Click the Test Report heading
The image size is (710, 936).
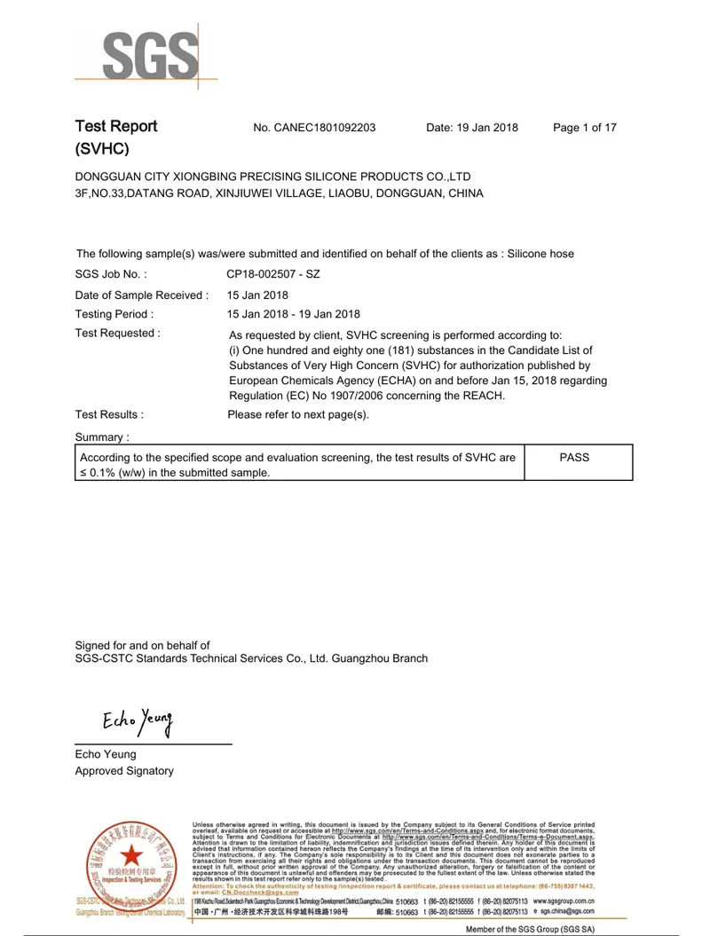pos(116,126)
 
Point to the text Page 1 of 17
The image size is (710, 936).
pos(584,128)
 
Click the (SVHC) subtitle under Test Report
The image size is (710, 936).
pos(103,149)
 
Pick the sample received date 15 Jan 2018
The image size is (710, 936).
pos(257,295)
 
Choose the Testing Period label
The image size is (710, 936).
pos(114,314)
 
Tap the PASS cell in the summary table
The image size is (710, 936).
pos(575,458)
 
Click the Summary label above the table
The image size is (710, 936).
pos(102,437)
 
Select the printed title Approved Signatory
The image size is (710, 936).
pos(124,771)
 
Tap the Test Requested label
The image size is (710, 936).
pos(118,334)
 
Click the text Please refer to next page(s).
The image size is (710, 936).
pos(298,414)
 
